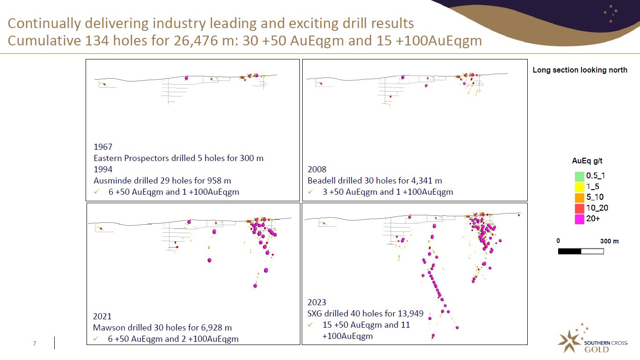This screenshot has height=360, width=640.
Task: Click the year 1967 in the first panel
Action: [x=103, y=147]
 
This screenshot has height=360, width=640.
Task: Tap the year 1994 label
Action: [x=103, y=169]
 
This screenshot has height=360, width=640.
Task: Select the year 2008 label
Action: [x=317, y=169]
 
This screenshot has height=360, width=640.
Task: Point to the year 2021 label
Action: [x=102, y=316]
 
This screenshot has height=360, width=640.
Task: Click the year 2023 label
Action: [x=317, y=302]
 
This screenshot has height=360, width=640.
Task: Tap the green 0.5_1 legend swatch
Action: [x=580, y=176]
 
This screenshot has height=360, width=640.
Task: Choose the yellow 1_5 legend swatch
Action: [x=580, y=187]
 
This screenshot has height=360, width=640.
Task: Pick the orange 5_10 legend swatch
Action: [x=580, y=198]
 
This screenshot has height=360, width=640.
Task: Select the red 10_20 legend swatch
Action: [x=580, y=208]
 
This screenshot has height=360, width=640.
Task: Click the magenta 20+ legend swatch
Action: [x=580, y=219]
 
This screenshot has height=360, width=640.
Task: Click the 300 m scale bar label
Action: [x=609, y=241]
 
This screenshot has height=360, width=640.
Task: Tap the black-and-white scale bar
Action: [x=581, y=251]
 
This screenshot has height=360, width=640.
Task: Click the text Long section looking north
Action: [x=580, y=70]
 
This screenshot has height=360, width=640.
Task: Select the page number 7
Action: [x=34, y=344]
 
